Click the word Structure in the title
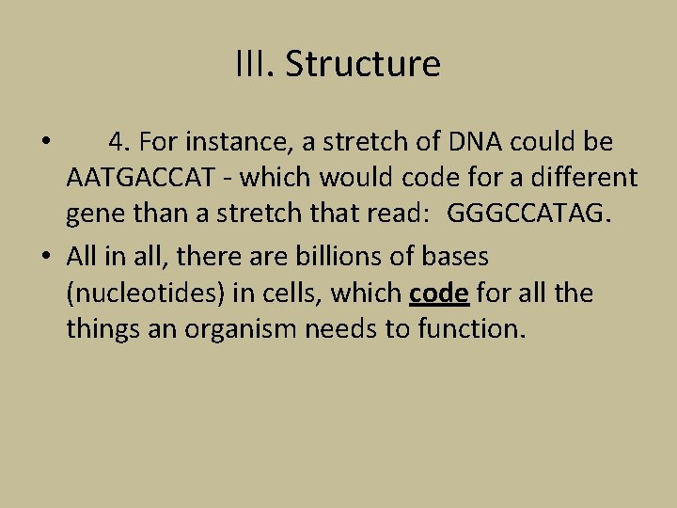[x=363, y=65]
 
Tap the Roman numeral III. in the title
[x=255, y=65]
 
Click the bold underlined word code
[x=439, y=294]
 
